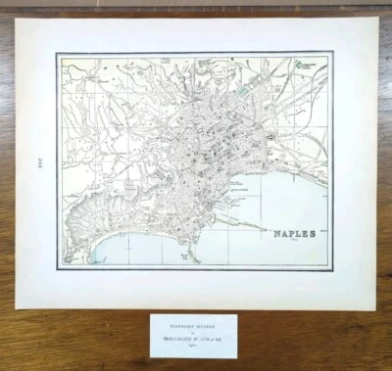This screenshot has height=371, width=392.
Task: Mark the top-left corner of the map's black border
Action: (57, 52)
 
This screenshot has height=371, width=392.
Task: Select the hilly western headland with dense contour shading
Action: (83, 210)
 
